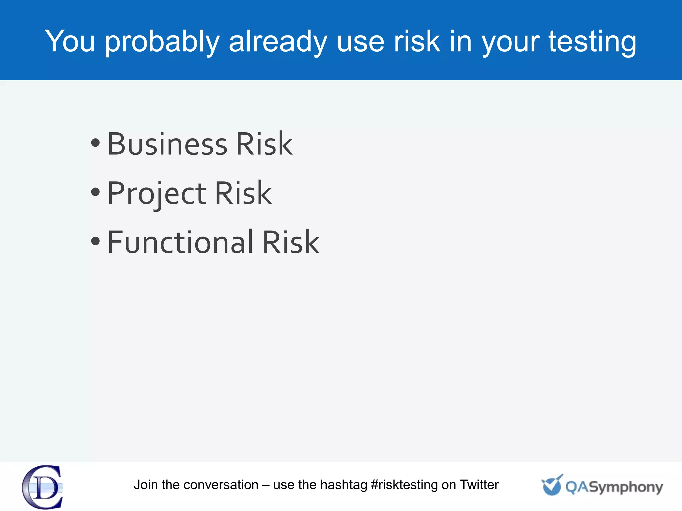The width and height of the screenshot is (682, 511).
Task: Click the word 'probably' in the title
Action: point(162,42)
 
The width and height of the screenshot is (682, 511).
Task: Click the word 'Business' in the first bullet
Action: point(168,144)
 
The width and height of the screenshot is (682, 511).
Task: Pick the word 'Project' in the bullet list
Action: point(157,194)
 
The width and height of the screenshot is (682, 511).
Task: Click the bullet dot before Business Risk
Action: point(95,143)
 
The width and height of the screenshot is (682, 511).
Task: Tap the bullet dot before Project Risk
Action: point(95,192)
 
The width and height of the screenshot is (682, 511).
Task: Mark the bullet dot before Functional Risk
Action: point(95,241)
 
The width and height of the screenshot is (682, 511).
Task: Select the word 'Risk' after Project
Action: point(243,193)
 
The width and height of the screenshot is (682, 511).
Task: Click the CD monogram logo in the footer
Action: point(43,487)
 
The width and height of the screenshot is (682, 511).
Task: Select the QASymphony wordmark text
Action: point(614,488)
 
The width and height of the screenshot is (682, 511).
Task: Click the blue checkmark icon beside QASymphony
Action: point(552,485)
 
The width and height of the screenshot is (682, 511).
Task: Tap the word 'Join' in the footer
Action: point(146,485)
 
